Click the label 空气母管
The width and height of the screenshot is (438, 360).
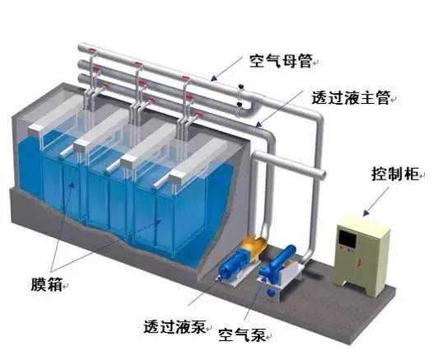281,61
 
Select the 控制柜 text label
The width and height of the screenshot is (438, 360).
395,174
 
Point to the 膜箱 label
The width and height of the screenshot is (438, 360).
47,283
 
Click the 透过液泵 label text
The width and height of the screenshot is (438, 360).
175,326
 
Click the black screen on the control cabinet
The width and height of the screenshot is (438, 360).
347,240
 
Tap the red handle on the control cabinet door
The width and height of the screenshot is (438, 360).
360,262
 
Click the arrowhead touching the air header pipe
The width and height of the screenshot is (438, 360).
214,78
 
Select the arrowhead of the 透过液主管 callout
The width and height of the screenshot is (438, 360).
259,124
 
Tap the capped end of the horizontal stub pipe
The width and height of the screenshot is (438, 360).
322,174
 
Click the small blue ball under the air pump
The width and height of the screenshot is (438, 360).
271,292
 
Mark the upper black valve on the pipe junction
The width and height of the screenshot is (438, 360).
240,86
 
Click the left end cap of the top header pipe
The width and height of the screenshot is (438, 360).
82,47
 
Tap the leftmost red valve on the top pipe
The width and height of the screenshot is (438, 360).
92,51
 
